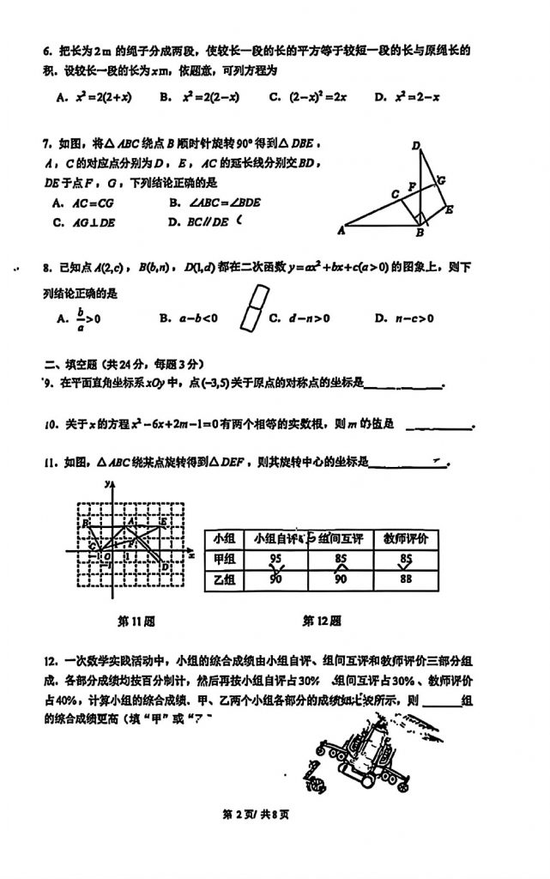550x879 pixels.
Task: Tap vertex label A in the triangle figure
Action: click(x=341, y=230)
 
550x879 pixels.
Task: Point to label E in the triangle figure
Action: click(x=450, y=209)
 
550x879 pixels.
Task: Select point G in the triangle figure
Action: click(x=441, y=180)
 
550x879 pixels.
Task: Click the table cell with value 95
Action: click(x=276, y=560)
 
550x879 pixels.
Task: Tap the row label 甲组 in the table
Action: click(x=223, y=560)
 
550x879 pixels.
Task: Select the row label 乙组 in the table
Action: click(x=223, y=580)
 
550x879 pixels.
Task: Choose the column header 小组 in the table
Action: click(x=223, y=538)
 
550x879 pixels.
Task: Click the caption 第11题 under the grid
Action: click(x=136, y=620)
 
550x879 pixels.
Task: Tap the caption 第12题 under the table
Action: click(x=322, y=620)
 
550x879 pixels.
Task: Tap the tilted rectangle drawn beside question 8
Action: click(x=253, y=307)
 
